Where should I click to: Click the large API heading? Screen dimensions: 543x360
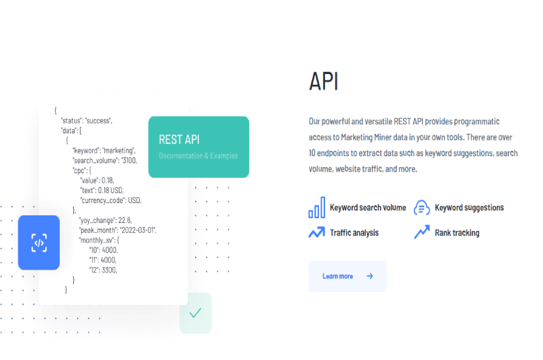click(324, 82)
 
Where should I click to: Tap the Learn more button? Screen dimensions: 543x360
click(348, 276)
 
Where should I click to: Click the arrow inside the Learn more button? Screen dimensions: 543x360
click(370, 276)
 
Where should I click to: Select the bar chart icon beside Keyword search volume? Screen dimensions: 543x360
click(317, 208)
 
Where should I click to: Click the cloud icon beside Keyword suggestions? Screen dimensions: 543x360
click(422, 208)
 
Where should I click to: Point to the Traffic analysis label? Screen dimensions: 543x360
click(354, 233)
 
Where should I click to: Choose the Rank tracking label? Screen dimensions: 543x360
click(457, 233)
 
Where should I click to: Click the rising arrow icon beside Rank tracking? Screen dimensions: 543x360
click(422, 232)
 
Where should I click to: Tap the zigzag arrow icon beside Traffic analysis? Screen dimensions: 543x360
click(317, 232)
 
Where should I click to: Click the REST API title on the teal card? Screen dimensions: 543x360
click(179, 140)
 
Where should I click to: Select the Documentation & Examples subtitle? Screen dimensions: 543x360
click(198, 156)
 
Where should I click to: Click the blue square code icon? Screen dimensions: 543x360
click(39, 242)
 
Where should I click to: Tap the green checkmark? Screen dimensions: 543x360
click(195, 313)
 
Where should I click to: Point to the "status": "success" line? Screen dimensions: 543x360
click(87, 121)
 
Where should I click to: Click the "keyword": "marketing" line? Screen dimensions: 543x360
click(104, 151)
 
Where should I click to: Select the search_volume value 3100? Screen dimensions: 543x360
click(129, 160)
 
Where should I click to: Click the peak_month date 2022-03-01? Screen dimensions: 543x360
click(138, 230)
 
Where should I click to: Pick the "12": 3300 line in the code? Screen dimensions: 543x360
click(103, 270)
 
